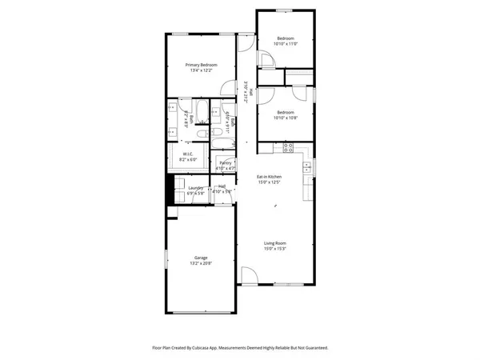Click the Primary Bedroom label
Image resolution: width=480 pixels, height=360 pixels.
202,65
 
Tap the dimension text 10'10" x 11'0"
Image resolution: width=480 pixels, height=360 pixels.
286,44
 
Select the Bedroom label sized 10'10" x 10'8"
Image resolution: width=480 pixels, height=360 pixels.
286,112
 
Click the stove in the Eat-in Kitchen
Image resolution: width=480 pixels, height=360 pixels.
288,146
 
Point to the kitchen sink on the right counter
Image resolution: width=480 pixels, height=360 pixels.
307,168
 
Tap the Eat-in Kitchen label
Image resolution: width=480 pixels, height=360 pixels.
269,176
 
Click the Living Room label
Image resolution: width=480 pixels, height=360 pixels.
275,243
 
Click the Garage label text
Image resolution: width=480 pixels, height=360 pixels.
200,258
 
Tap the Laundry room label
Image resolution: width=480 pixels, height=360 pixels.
196,188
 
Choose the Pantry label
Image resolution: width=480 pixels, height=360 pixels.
225,163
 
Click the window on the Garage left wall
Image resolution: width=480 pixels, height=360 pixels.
166,260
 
